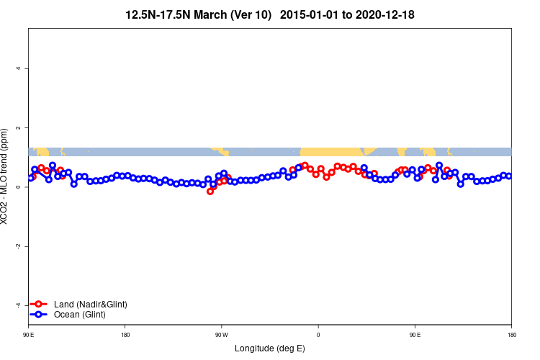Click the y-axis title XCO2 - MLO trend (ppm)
pos(6,176)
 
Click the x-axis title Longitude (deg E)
pos(270,348)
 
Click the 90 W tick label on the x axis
pos(221,334)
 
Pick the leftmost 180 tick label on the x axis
pos(125,334)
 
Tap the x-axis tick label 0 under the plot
pos(318,334)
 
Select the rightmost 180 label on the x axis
pos(511,334)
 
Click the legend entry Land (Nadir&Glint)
pos(90,305)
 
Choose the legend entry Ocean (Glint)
pos(80,315)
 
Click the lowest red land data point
pos(210,192)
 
